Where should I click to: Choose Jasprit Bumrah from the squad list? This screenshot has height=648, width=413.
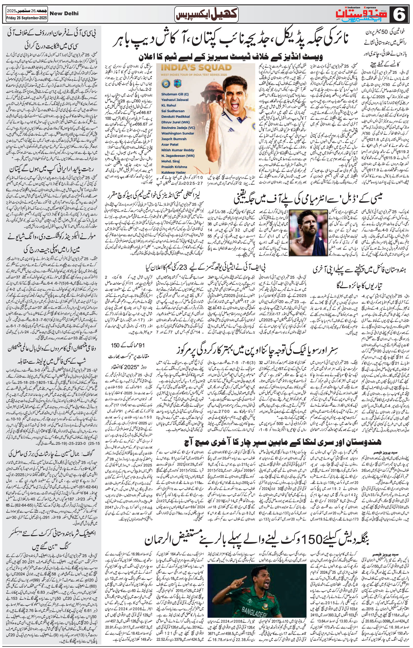pyautogui.click(x=174, y=139)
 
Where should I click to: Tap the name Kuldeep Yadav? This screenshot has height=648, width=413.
pyautogui.click(x=174, y=172)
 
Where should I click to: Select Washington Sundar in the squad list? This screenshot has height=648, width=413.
pyautogui.click(x=178, y=133)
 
